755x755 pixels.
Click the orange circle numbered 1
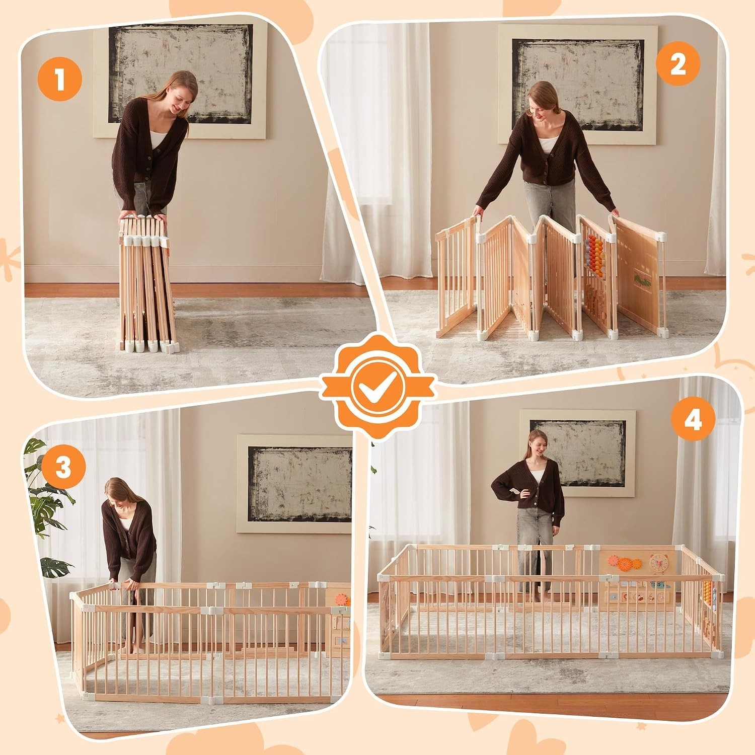coord(60,80)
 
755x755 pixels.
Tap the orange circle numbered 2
coord(678,65)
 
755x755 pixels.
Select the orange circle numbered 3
coord(63,468)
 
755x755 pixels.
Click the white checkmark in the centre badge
coord(376,387)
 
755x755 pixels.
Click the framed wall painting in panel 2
coord(577,84)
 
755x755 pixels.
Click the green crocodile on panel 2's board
coord(639,280)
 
